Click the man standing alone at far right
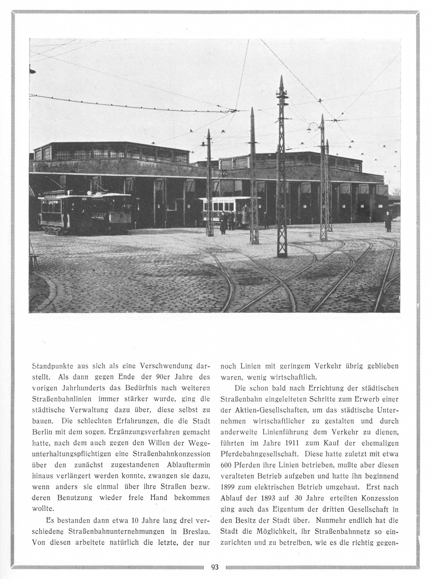coord(388,222)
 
